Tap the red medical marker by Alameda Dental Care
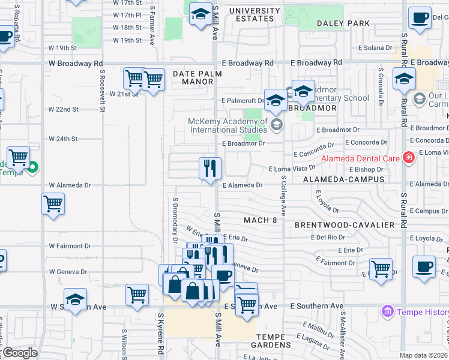click(409, 158)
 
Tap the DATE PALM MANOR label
click(197, 77)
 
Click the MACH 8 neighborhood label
click(261, 220)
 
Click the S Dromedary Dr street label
click(175, 220)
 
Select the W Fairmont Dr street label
click(70, 246)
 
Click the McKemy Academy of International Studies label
click(228, 126)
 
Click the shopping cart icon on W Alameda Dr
click(53, 204)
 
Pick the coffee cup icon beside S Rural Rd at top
click(420, 17)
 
